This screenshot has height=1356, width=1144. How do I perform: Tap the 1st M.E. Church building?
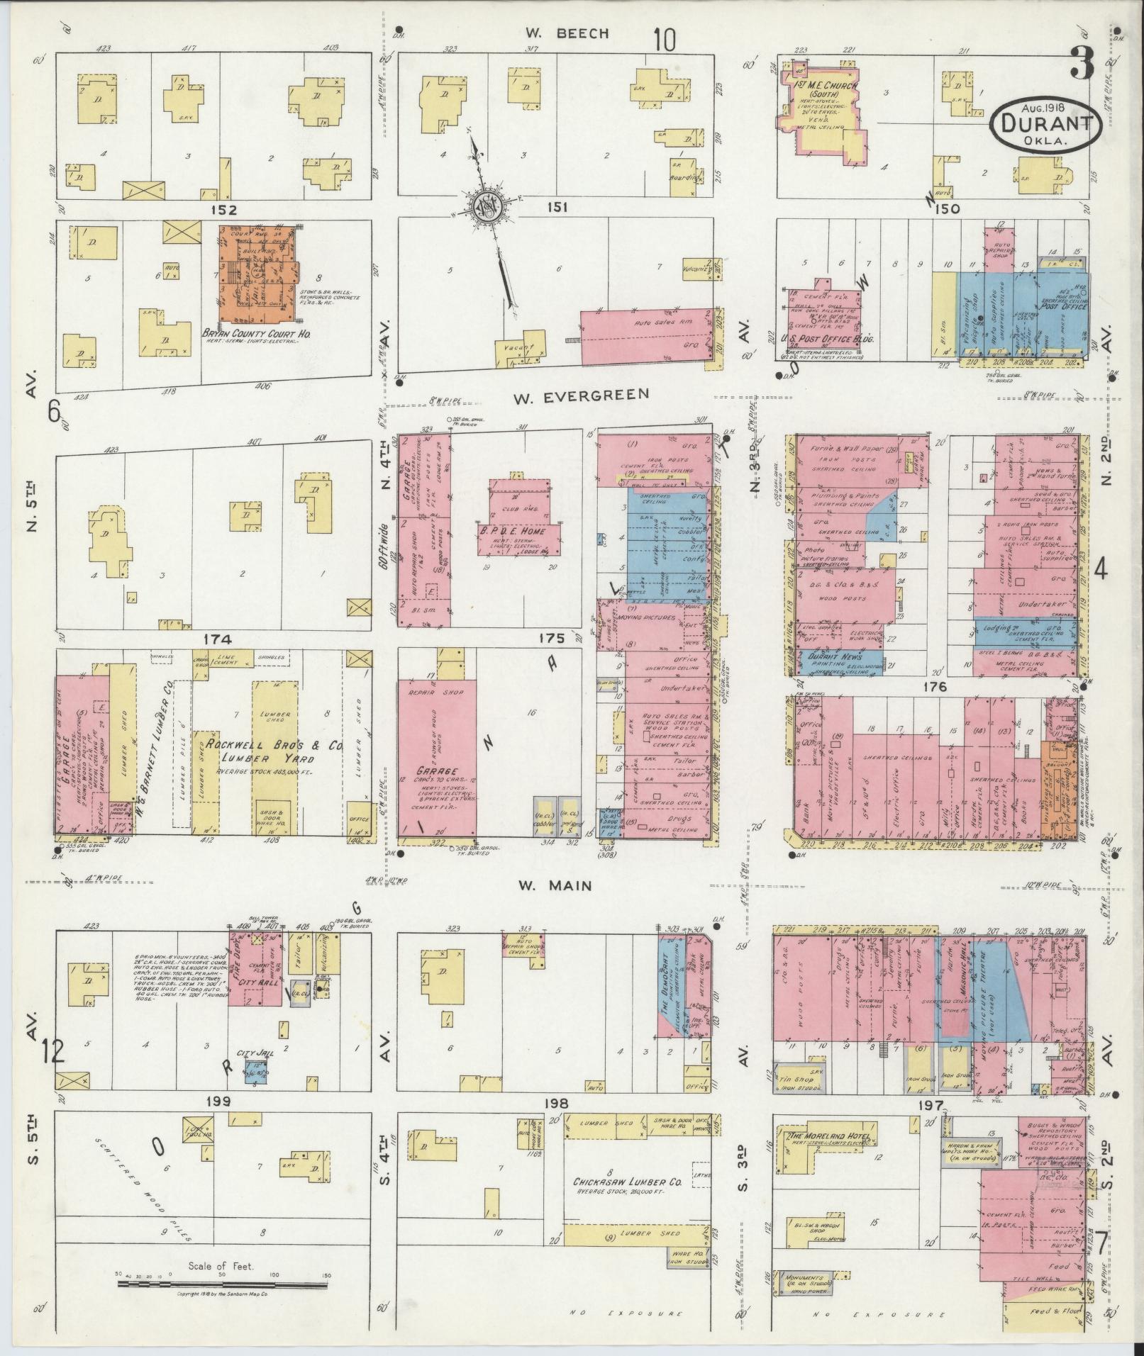[x=823, y=110]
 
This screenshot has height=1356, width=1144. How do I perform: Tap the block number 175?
[x=552, y=639]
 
